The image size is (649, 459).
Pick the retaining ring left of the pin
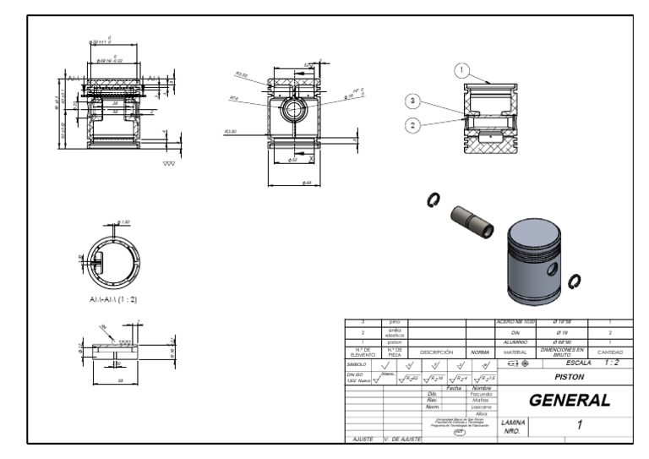(x=434, y=199)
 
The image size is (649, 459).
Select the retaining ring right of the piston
(x=575, y=281)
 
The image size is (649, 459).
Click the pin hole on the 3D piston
(x=552, y=269)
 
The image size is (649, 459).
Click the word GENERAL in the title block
(x=569, y=400)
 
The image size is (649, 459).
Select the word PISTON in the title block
(x=569, y=377)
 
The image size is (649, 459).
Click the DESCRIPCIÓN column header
(x=438, y=352)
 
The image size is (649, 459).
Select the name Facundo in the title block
(x=481, y=394)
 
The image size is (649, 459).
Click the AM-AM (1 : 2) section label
(x=113, y=299)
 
